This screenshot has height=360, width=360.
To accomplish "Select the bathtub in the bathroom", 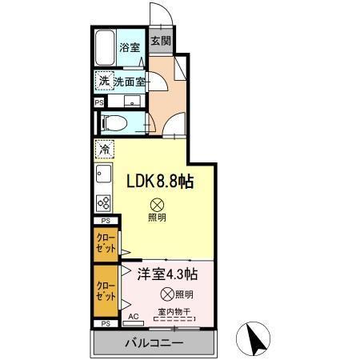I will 105,50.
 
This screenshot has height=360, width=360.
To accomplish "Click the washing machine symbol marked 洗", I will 103,81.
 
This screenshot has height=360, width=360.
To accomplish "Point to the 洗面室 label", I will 130,81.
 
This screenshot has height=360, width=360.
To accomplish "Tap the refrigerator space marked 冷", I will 103,149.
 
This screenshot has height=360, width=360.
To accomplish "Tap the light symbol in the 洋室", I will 166,293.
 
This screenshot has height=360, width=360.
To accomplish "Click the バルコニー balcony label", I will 154,343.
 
